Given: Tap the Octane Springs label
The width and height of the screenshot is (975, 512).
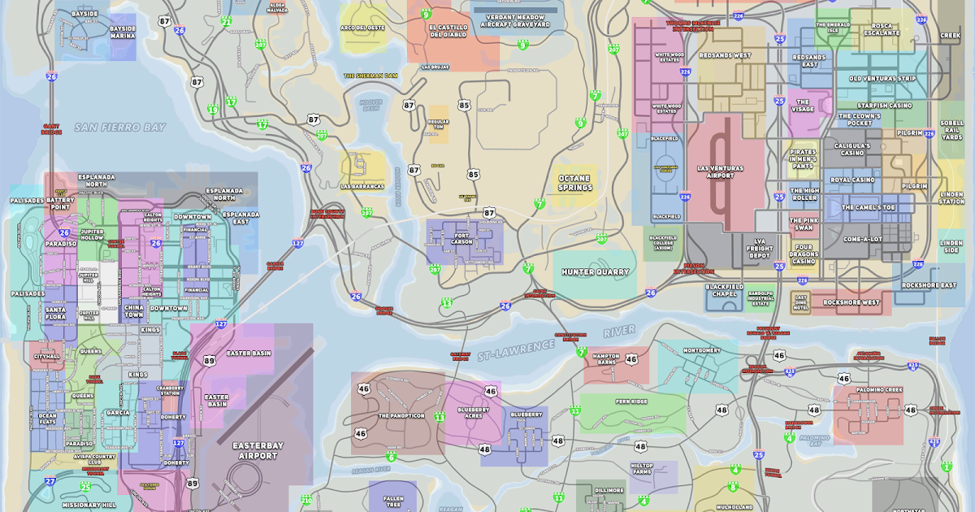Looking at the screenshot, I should coord(574,183).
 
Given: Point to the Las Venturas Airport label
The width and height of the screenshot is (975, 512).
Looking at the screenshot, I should coord(721,172).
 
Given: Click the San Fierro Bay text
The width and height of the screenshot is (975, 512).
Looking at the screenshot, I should coord(120,128).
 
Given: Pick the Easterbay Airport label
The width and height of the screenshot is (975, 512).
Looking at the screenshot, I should coord(254,450).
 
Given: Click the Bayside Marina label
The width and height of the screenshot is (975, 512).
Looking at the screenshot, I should coord(123,32).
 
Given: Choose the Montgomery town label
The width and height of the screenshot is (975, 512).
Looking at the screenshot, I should coord(702,350).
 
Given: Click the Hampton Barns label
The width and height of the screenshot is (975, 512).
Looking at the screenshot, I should coord(607,360).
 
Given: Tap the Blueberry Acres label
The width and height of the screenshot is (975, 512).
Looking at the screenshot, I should coord(474,413).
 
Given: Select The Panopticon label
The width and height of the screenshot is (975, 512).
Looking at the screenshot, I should coord(401,415).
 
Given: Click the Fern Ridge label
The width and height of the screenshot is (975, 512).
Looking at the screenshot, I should coord(630,401).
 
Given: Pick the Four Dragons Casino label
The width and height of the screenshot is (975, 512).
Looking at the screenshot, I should coord(804,254).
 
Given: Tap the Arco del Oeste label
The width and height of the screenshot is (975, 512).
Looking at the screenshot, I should coord(362,28).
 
